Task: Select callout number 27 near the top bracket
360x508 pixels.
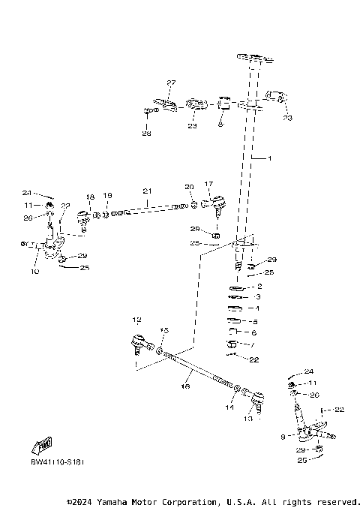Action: [x=171, y=83]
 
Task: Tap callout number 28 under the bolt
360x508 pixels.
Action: [x=145, y=134]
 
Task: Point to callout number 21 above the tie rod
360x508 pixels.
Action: [x=147, y=191]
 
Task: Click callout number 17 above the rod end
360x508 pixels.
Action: [x=208, y=184]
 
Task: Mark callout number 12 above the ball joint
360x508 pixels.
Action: [x=136, y=319]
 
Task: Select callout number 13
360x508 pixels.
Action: [x=249, y=419]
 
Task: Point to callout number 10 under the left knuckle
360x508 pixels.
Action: [x=34, y=272]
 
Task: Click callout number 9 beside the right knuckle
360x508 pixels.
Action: [x=283, y=434]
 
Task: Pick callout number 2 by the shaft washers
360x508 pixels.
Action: [x=259, y=286]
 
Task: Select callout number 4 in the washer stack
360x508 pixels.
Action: [x=258, y=308]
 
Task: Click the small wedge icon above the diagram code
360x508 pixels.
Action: [x=46, y=445]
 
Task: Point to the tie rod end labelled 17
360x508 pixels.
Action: [x=217, y=203]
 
